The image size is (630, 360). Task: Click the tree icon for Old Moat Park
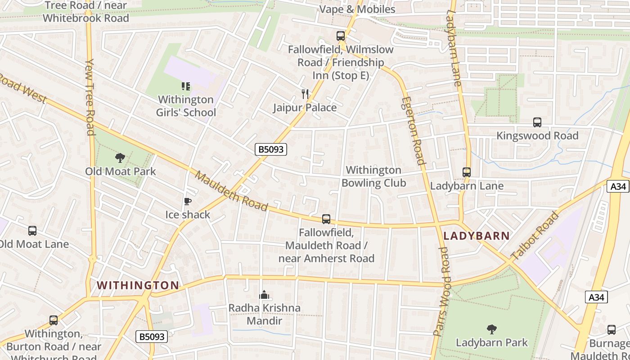point(120,157)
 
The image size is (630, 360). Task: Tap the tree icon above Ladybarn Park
point(492,329)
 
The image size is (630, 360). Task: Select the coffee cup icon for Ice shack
point(188,201)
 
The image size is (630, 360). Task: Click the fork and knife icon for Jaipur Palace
point(305,94)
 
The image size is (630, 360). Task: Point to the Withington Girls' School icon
point(185,86)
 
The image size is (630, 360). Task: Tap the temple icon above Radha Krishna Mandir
point(264,295)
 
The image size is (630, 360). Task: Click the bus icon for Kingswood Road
point(537,122)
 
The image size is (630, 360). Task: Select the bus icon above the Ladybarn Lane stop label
point(467,172)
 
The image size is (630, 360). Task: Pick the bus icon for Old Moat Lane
point(32,231)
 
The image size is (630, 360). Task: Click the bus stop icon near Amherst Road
point(326,219)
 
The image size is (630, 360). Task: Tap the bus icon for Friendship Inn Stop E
point(341,36)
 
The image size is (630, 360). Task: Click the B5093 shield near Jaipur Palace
point(271,149)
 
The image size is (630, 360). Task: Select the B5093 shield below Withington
point(152,336)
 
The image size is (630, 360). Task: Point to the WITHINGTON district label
point(138,285)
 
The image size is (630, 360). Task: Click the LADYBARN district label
point(477,236)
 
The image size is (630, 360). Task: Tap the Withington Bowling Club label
point(373,176)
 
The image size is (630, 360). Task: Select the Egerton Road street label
point(413,130)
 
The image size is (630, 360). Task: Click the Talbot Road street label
point(535,235)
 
